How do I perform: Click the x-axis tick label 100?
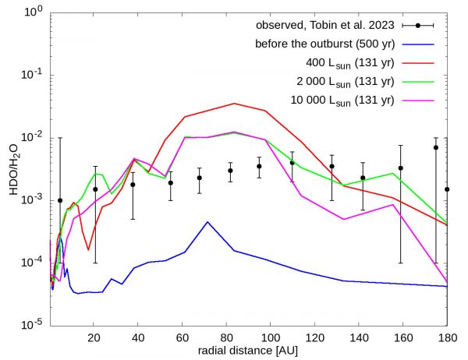click(x=271, y=337)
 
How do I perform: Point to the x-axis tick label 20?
click(x=94, y=337)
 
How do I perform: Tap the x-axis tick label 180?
click(x=448, y=337)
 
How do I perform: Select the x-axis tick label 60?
click(x=182, y=337)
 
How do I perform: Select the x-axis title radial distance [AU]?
click(x=248, y=351)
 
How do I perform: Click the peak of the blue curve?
click(x=207, y=222)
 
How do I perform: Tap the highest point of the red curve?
click(x=234, y=104)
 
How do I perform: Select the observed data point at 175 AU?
click(x=436, y=147)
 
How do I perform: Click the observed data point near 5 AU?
click(x=60, y=200)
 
